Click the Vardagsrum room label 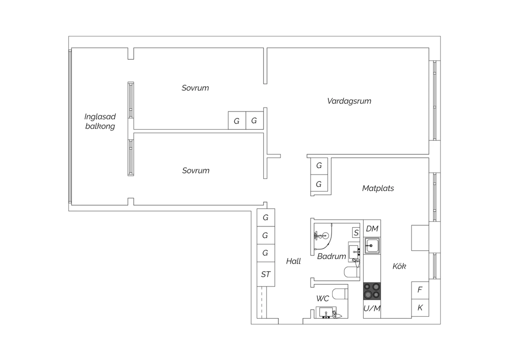pos(349,101)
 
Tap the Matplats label pos(378,188)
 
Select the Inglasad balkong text pos(100,122)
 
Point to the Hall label pos(294,261)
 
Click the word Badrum pos(332,256)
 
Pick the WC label pos(323,299)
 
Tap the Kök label pos(399,266)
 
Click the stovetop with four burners pos(372,291)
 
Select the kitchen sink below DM pos(372,246)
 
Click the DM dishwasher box pos(372,229)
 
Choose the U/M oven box pos(372,309)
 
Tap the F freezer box pos(420,290)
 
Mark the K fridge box pos(420,308)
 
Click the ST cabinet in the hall pos(266,274)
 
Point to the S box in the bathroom pos(356,232)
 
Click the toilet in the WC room pos(340,294)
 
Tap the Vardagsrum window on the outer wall pos(435,100)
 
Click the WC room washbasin pos(326,312)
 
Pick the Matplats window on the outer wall pos(435,197)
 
